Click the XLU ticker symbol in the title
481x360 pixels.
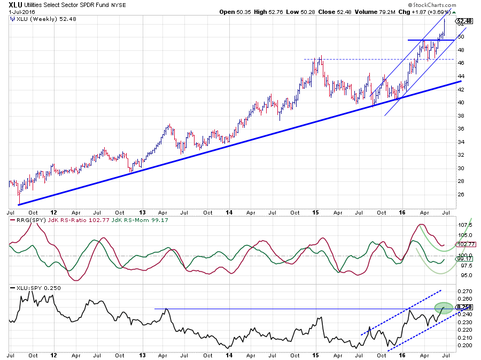click(x=15, y=5)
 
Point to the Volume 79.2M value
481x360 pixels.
click(x=377, y=12)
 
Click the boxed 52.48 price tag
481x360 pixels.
click(x=463, y=21)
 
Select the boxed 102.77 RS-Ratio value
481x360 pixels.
click(x=463, y=244)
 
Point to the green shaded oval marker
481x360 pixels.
click(x=444, y=308)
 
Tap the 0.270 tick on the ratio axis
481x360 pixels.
click(x=462, y=292)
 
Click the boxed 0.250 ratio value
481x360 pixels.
click(x=463, y=307)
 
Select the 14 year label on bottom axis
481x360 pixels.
click(x=228, y=354)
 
